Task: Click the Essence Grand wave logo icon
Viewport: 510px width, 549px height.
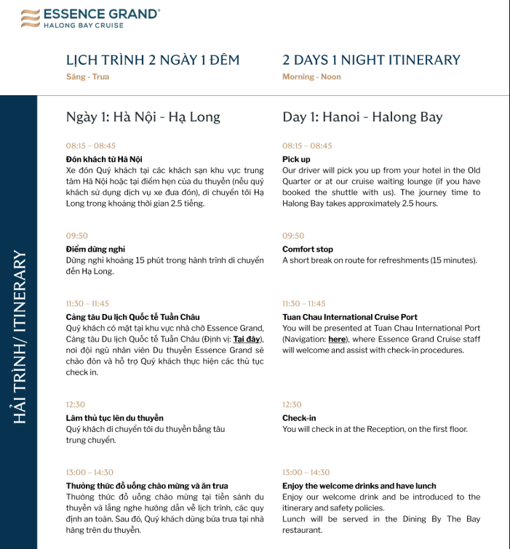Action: (30, 18)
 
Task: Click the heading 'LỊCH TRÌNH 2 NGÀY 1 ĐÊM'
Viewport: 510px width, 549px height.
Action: (152, 60)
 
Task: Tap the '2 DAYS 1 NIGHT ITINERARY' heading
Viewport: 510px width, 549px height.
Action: (371, 60)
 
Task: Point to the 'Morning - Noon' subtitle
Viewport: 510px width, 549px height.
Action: (311, 77)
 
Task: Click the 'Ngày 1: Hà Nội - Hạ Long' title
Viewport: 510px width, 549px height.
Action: (143, 117)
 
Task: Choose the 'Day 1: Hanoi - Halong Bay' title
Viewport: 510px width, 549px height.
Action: (362, 117)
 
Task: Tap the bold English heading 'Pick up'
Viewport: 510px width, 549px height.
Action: (296, 159)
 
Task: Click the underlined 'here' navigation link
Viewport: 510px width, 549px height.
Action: (337, 339)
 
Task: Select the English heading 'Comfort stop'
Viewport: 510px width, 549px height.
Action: (308, 249)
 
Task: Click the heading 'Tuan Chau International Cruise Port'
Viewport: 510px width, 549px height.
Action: (350, 317)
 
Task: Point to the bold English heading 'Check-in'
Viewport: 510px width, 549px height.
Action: (299, 418)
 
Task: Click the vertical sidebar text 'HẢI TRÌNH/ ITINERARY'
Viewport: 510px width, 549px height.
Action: (20, 337)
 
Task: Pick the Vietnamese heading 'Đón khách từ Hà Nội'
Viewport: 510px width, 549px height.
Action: (104, 159)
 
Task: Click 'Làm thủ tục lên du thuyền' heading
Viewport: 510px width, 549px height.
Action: (115, 418)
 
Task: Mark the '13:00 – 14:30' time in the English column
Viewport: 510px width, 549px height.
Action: (306, 473)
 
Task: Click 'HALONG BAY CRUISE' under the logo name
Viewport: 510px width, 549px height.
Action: (84, 25)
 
